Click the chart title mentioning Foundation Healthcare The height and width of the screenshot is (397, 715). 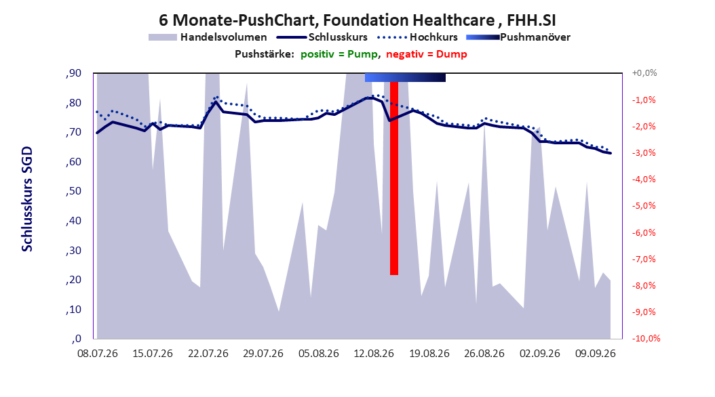click(357, 20)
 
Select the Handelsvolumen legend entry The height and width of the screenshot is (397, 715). click(208, 37)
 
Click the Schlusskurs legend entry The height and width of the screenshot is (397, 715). click(322, 37)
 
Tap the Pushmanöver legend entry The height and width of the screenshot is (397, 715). click(518, 37)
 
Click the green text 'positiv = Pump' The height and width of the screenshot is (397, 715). click(339, 54)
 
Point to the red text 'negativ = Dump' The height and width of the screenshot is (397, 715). click(427, 54)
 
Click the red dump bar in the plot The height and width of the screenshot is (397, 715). click(394, 178)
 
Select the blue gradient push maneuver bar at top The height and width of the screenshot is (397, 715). click(405, 77)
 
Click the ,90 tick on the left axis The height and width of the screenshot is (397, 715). click(73, 73)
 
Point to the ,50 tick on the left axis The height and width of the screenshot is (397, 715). click(73, 191)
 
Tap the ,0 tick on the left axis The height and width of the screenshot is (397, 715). click(76, 339)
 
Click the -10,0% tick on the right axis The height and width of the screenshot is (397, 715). click(646, 338)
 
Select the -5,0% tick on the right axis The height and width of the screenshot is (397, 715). click(644, 206)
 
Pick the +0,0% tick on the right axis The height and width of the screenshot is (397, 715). click(644, 73)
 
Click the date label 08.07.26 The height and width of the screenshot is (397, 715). click(98, 354)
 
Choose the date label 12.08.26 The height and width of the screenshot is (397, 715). click(374, 354)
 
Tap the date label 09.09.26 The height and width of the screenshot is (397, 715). click(595, 354)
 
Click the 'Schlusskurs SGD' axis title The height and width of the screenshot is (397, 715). click(27, 199)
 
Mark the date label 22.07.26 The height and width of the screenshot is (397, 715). click(208, 354)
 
